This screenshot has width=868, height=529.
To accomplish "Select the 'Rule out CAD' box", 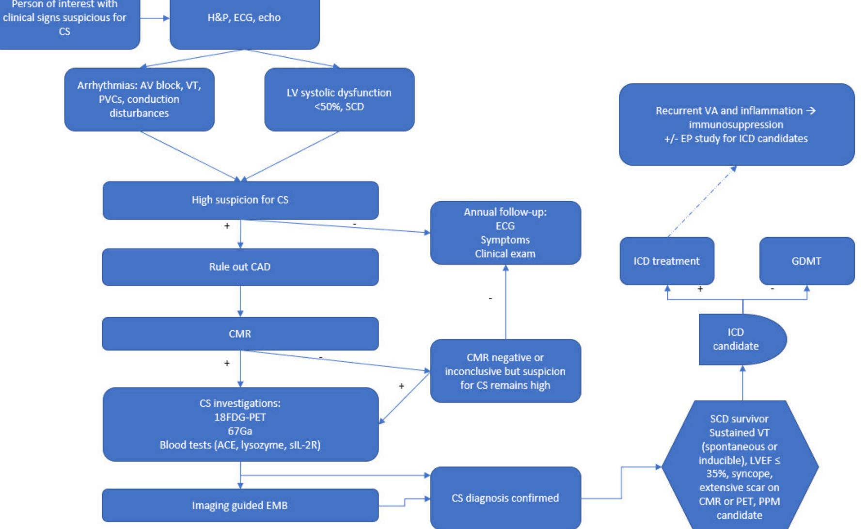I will [240, 267].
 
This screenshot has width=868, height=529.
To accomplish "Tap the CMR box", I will [240, 334].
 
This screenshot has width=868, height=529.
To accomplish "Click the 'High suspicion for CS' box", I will [240, 200].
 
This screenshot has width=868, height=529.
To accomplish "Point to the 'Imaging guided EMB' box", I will [240, 505].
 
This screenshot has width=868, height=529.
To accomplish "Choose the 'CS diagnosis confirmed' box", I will [505, 498].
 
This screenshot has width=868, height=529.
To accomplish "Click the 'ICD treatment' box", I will [666, 261].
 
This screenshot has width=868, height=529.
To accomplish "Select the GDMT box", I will [806, 261].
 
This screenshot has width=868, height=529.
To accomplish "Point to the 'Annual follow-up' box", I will [505, 233].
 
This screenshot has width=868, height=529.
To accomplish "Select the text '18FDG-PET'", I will [240, 417].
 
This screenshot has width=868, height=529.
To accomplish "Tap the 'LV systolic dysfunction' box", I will [339, 99].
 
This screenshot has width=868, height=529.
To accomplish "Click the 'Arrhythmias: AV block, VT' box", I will [139, 99].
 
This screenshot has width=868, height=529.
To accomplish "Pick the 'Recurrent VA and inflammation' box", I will [736, 124].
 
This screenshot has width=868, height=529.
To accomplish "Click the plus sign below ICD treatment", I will [700, 289].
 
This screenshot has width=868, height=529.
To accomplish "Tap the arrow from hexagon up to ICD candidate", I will [743, 383].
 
